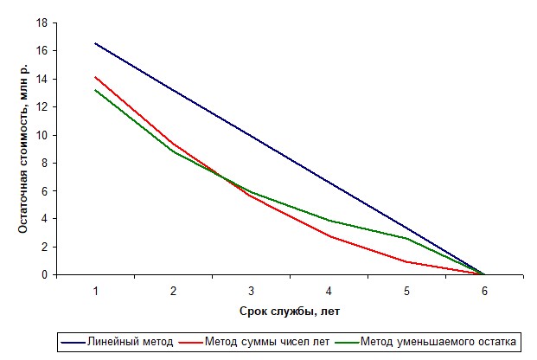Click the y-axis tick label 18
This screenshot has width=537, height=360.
point(42,23)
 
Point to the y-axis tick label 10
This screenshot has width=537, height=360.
point(42,135)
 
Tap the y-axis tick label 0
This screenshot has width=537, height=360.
point(45,274)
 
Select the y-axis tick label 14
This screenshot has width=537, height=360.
point(42,80)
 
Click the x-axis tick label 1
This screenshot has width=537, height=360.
point(95,291)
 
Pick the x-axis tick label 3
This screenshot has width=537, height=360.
point(252,291)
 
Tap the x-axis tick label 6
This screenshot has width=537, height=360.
point(484,291)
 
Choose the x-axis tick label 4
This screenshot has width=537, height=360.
point(329,291)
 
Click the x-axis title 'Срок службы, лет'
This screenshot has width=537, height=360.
point(290,312)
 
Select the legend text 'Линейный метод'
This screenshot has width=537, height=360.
point(130,342)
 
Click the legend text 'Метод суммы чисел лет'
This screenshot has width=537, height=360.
point(267,342)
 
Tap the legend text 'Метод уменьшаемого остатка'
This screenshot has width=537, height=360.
point(438,342)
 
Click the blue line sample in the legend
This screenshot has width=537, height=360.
point(73,342)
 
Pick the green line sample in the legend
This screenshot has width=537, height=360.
point(347,342)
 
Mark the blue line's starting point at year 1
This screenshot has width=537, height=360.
point(95,43)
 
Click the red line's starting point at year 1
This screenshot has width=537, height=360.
point(95,77)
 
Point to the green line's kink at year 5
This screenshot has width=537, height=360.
point(407,238)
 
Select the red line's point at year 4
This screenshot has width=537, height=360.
point(329,236)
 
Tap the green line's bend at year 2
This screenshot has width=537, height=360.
point(174,151)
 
